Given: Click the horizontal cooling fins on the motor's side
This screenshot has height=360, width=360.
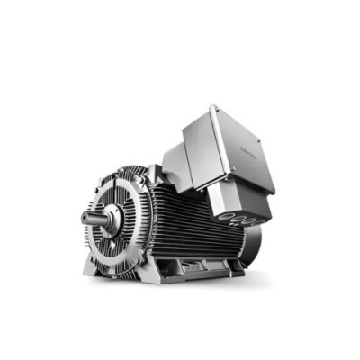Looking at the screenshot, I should pos(189,225).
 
